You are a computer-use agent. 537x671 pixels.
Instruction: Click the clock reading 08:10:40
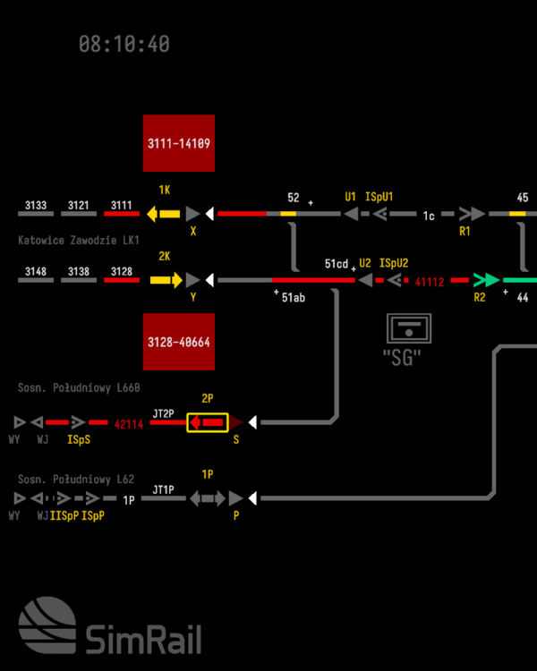(x=124, y=44)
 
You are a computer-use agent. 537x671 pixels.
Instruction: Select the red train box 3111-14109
(x=179, y=143)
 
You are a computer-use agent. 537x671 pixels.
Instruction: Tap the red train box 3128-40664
(x=179, y=342)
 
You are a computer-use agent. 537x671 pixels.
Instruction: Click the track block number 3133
(x=36, y=206)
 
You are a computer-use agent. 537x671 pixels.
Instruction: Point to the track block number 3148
(x=36, y=272)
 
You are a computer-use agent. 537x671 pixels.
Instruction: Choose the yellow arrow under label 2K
(x=165, y=280)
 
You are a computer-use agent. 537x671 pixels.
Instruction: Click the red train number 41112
(x=430, y=281)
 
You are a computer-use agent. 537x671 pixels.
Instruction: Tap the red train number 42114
(x=129, y=424)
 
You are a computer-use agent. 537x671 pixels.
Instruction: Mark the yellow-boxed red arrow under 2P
(x=207, y=422)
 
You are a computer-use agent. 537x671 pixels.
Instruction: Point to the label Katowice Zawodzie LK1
(x=80, y=241)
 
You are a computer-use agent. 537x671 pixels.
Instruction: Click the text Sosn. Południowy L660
(x=80, y=387)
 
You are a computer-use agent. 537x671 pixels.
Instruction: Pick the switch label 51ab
(x=294, y=297)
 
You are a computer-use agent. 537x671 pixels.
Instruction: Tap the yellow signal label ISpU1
(x=379, y=197)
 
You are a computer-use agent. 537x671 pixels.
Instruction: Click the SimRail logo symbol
(x=47, y=629)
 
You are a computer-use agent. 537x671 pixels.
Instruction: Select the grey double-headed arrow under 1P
(x=207, y=497)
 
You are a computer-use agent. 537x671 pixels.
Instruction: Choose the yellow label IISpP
(x=64, y=516)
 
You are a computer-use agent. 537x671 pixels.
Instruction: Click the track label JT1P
(x=163, y=489)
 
